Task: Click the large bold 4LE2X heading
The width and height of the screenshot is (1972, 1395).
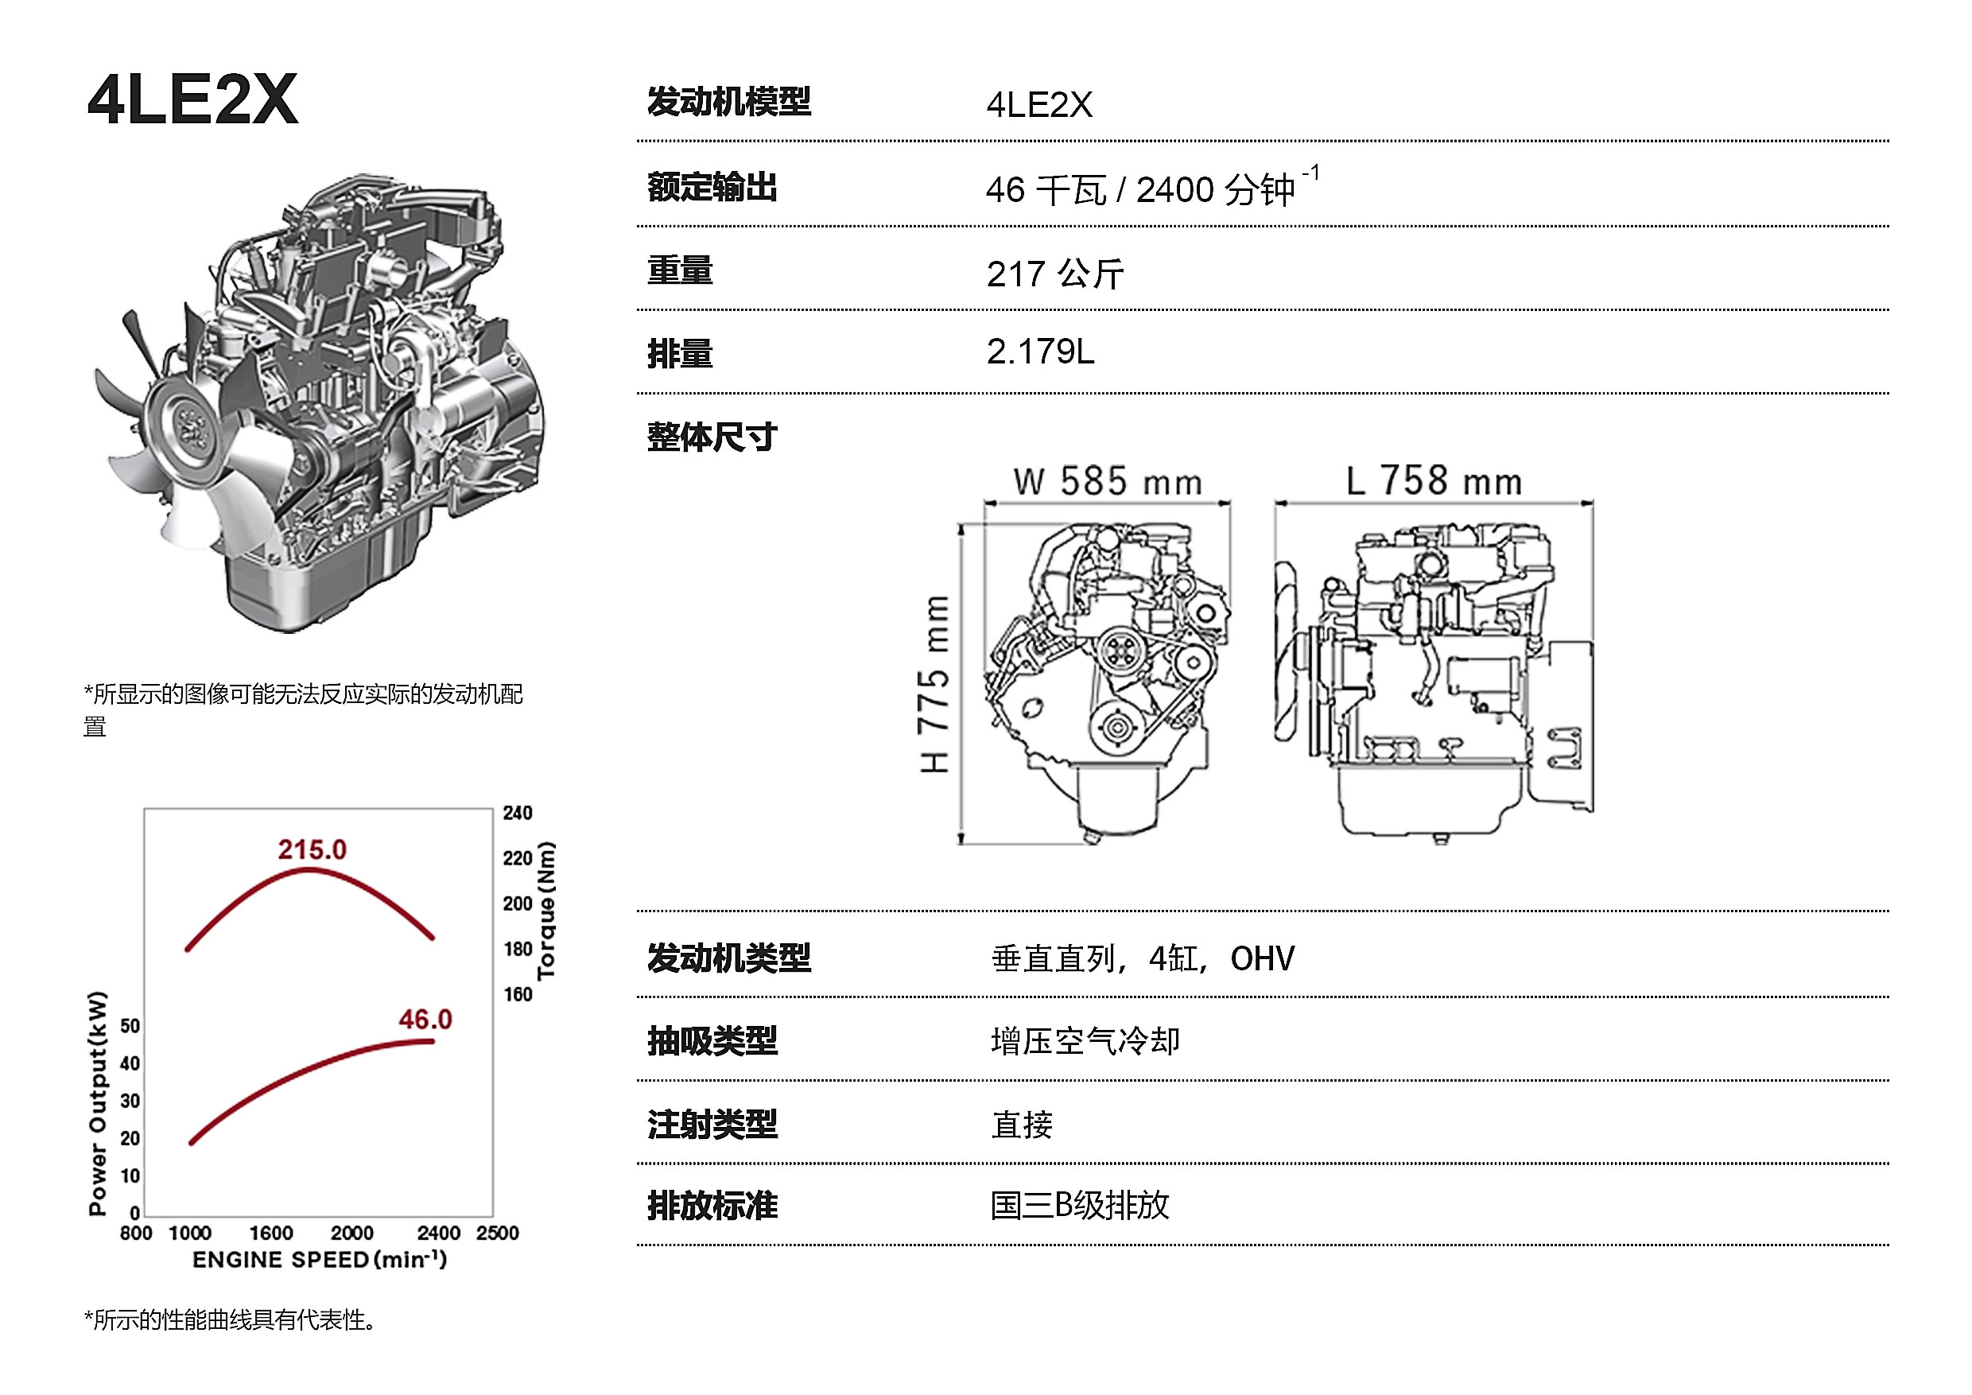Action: (192, 99)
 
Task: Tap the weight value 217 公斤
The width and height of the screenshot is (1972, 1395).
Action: (1054, 274)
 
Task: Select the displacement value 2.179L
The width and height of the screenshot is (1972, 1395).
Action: (1040, 352)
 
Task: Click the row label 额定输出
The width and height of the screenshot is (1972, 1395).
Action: (712, 187)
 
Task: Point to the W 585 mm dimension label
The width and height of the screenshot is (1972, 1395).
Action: (1107, 481)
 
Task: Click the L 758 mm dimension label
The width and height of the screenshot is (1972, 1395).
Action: (1434, 480)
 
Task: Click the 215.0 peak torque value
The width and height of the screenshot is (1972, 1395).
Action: (312, 849)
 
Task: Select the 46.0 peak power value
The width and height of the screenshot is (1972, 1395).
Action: (425, 1020)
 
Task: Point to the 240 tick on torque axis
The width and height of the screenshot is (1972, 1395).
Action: (518, 813)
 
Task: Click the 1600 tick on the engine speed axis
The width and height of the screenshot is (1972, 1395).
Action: (271, 1233)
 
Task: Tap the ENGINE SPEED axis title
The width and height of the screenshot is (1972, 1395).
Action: (320, 1259)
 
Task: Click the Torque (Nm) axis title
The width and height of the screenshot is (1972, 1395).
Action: (546, 911)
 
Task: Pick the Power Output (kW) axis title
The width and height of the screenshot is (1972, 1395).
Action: (98, 1103)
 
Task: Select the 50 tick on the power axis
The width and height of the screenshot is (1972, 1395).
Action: (130, 1026)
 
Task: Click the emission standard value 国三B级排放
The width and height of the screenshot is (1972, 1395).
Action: (1080, 1205)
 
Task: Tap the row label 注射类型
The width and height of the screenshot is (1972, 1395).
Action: (712, 1124)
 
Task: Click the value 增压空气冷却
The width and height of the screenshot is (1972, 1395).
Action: (1085, 1041)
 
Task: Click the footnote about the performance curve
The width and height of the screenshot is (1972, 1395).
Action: (230, 1319)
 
